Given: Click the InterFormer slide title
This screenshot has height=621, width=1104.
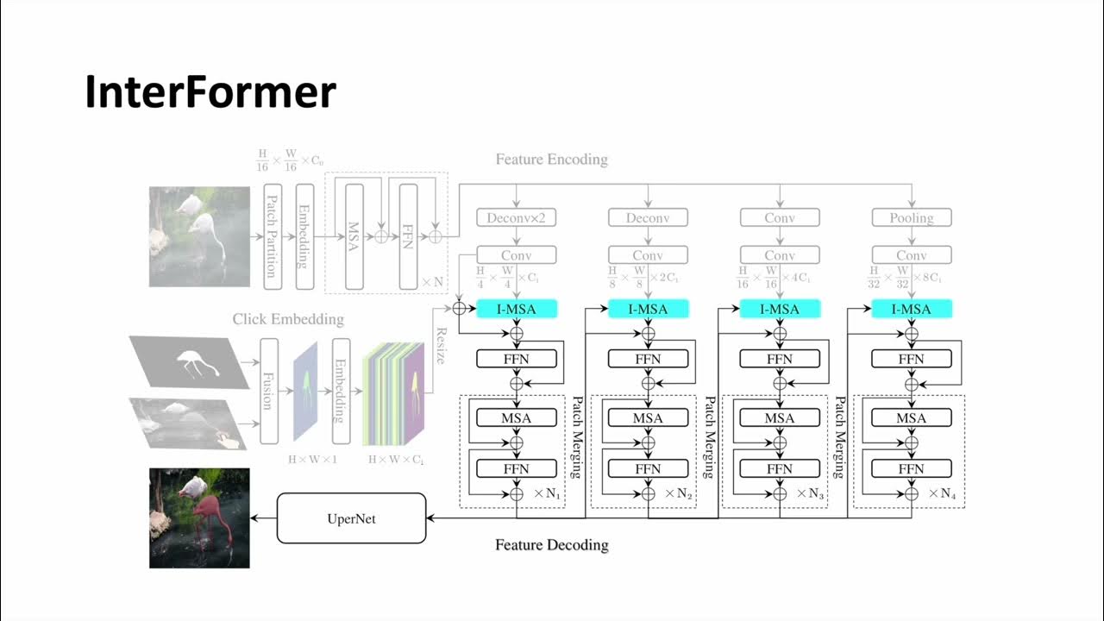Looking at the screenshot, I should pyautogui.click(x=210, y=92).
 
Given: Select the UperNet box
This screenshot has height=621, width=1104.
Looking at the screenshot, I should pyautogui.click(x=351, y=518).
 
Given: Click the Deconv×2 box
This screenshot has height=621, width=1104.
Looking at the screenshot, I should pyautogui.click(x=517, y=217).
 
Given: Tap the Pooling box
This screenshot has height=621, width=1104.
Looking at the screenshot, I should pyautogui.click(x=911, y=217).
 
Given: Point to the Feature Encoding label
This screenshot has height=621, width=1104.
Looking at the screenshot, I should pyautogui.click(x=551, y=160).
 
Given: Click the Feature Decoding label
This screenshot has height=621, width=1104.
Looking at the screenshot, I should pyautogui.click(x=551, y=545).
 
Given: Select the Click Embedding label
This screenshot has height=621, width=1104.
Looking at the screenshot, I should pyautogui.click(x=288, y=319).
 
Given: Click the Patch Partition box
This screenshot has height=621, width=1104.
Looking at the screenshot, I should pyautogui.click(x=271, y=236).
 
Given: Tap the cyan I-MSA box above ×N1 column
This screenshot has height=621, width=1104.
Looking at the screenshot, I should pyautogui.click(x=517, y=309).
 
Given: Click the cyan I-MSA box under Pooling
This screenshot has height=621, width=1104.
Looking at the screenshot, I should pyautogui.click(x=911, y=309).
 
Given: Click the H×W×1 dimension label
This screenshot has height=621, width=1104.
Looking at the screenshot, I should pyautogui.click(x=312, y=459).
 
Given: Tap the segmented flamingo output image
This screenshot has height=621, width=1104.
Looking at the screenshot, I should pyautogui.click(x=199, y=517).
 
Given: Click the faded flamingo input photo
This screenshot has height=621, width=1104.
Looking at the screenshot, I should pyautogui.click(x=199, y=236).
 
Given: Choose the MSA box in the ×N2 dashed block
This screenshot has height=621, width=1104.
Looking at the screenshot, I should pyautogui.click(x=648, y=418).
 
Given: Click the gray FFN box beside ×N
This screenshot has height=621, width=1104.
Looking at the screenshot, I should pyautogui.click(x=409, y=236).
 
